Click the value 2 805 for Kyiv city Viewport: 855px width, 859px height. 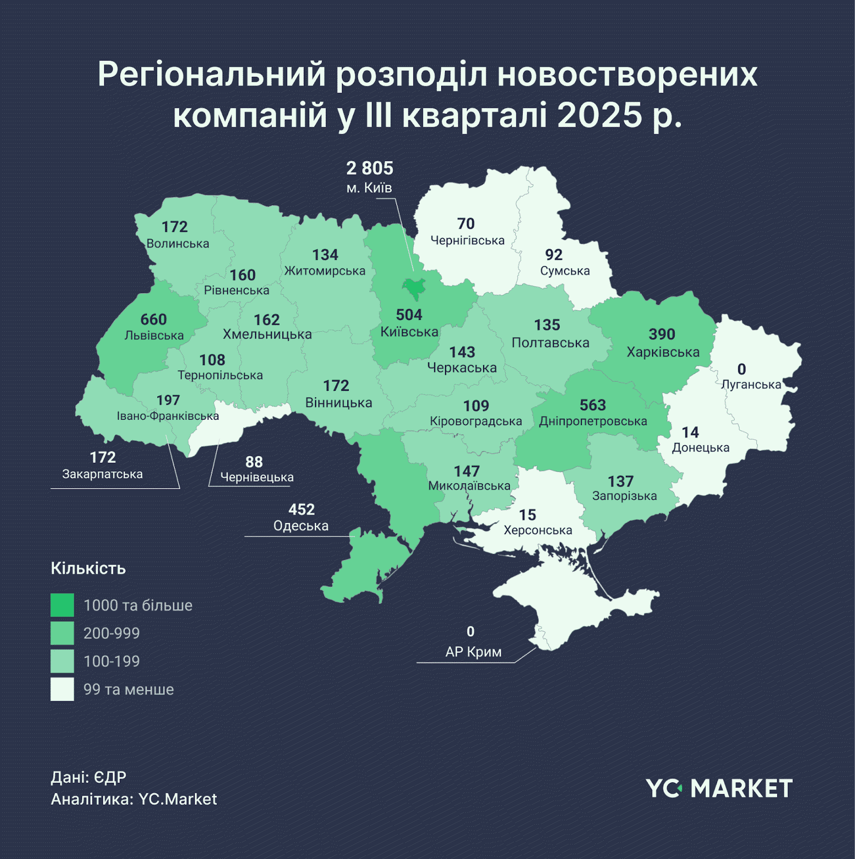tap(369, 169)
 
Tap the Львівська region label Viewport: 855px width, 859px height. tap(154, 336)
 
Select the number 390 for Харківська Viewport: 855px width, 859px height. tap(661, 334)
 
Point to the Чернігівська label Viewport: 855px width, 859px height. tap(467, 241)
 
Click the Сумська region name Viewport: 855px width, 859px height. tap(565, 271)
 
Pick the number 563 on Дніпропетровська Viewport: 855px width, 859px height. tap(593, 405)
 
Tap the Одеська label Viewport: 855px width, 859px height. tap(301, 526)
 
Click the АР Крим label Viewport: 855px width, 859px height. tap(473, 652)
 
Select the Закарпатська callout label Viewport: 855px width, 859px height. tap(103, 474)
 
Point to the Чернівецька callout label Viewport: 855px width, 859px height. tap(257, 477)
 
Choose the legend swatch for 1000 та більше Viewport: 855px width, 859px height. tap(62, 605)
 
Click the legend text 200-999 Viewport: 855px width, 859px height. tap(112, 634)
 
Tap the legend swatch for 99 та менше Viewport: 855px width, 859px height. tap(62, 689)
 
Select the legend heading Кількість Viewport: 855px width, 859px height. tap(88, 569)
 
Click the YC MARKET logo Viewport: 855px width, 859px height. tap(719, 789)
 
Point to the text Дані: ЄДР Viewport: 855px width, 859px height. tap(89, 777)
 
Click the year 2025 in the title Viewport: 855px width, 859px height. tap(599, 115)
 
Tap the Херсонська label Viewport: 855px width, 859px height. tap(538, 530)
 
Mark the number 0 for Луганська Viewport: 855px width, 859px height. tap(741, 369)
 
